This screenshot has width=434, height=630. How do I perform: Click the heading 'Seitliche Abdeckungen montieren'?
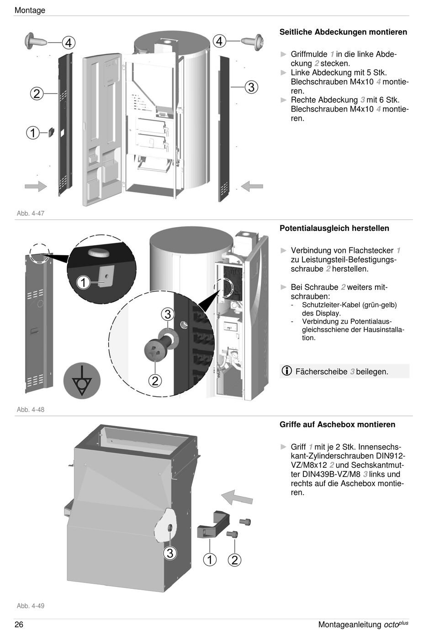coord(343,32)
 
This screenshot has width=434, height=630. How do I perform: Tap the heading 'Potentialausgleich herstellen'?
coord(334,228)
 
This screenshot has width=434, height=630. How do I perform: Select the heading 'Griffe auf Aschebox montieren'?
coord(337,424)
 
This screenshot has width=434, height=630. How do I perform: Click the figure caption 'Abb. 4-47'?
coord(31,214)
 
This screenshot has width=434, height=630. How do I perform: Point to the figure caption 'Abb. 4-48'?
coord(31,410)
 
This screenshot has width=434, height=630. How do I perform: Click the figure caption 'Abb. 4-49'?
coord(31,606)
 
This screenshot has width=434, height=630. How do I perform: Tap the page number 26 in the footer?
coord(19,625)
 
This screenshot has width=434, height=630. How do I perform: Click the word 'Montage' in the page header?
coord(30,10)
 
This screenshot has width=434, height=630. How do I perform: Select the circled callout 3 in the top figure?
coord(251,87)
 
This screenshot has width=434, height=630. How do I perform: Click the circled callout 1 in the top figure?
coord(33,133)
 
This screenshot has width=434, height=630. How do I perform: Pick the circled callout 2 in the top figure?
coord(37,94)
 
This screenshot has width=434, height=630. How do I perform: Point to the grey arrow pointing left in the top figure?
coord(252,186)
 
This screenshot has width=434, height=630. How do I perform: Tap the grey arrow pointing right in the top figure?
coord(36,186)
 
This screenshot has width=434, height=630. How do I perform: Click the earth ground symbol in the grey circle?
coord(82,381)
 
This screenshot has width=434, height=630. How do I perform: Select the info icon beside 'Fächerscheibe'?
coord(286,371)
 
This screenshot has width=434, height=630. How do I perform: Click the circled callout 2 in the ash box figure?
coord(234,560)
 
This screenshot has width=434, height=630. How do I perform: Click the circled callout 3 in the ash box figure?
coord(170,553)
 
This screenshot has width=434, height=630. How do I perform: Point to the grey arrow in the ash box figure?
coord(237,497)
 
